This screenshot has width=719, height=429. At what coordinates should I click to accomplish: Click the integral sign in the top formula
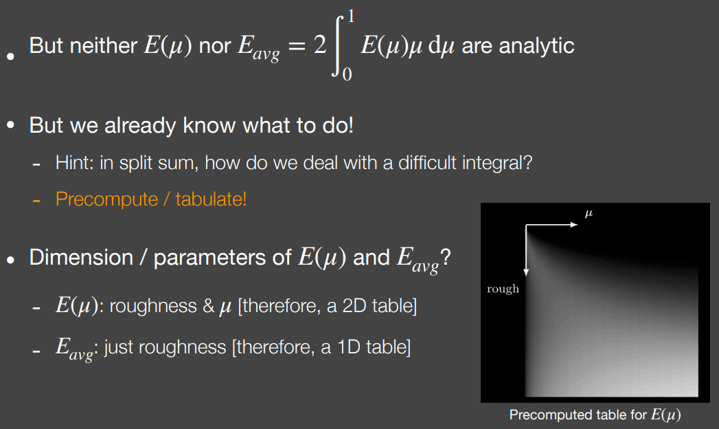[337, 46]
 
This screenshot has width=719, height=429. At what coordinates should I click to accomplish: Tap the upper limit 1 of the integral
[351, 16]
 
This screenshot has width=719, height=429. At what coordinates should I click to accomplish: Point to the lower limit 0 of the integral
[347, 74]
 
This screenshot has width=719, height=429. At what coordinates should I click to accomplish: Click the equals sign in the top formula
[297, 46]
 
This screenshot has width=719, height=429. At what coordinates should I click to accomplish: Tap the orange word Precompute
[106, 199]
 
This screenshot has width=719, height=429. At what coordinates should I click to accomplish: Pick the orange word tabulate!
[211, 199]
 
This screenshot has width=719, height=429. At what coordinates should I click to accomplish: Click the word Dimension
[81, 257]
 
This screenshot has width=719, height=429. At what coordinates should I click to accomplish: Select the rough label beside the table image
[503, 289]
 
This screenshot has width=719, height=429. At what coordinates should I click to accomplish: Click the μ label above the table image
[589, 213]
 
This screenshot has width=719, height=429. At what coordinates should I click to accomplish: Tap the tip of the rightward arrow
[578, 225]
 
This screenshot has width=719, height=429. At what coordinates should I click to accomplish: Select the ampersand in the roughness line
[209, 306]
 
